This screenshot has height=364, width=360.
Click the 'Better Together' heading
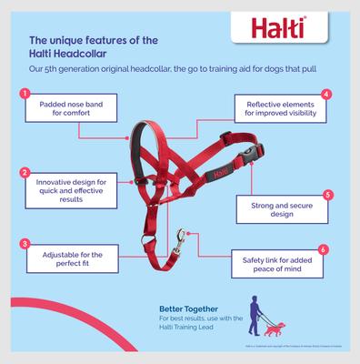click(184, 308)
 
